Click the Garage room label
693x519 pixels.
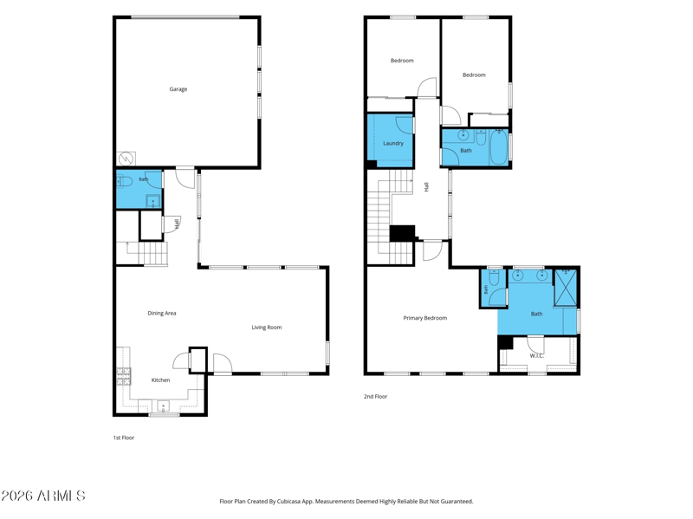point(178,89)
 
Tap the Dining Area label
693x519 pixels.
point(162,313)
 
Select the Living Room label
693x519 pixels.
point(267,328)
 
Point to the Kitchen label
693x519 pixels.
point(160,380)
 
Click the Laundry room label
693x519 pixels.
point(393,143)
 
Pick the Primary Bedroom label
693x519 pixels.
point(424,318)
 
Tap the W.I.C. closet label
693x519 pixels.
point(536,355)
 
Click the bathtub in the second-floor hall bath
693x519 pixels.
point(499,147)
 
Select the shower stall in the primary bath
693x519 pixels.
point(566,287)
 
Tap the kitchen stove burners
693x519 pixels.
point(124,376)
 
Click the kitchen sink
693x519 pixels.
point(163,405)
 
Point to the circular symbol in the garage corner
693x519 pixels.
point(125,159)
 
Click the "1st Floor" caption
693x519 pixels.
point(124,438)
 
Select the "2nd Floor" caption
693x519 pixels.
point(375,397)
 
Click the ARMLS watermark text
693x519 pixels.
point(42,496)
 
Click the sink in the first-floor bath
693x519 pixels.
point(153,202)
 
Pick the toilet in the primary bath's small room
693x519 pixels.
point(494,276)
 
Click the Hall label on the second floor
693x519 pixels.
point(426,187)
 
